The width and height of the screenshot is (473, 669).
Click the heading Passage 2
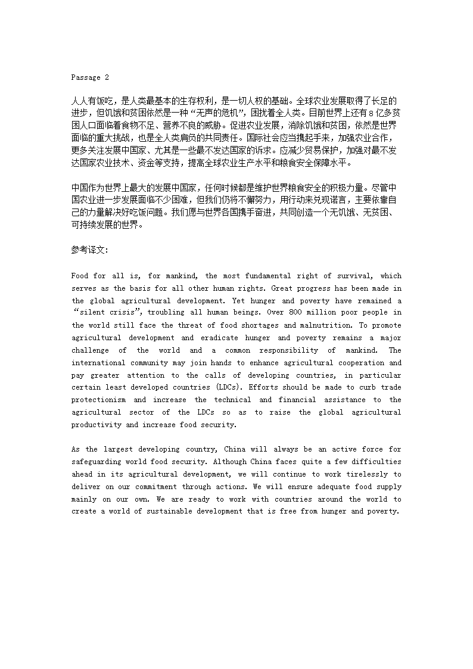[x=90, y=77]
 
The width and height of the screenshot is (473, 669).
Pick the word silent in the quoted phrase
[x=91, y=313]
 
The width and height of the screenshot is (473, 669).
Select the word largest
[x=116, y=450]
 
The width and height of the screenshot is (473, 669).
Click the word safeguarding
[x=97, y=462]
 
